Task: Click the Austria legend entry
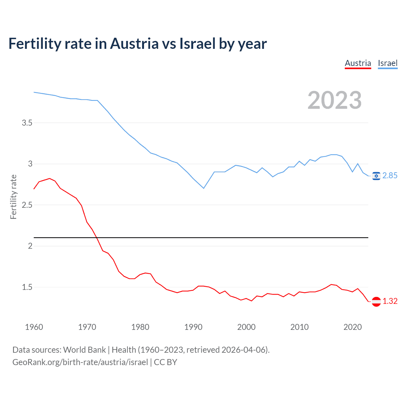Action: tap(358, 63)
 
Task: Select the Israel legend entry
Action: tap(388, 63)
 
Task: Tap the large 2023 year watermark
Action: tap(335, 100)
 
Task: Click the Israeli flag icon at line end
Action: tap(376, 176)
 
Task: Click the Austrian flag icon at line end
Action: tap(376, 301)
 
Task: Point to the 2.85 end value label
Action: tap(390, 176)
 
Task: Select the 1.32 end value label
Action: tap(390, 301)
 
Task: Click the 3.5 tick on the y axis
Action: tap(27, 123)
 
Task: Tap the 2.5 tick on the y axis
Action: tap(27, 205)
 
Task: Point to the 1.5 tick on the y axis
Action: tap(27, 287)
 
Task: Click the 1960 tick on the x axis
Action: tap(34, 327)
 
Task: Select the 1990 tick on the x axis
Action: tap(193, 327)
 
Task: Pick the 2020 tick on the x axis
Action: tap(352, 327)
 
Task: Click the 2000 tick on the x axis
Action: tap(246, 327)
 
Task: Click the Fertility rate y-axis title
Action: tap(13, 197)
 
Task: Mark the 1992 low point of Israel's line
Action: tap(204, 188)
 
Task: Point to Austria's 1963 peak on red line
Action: tap(50, 179)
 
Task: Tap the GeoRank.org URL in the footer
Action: tap(80, 362)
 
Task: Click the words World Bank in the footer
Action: tap(84, 350)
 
